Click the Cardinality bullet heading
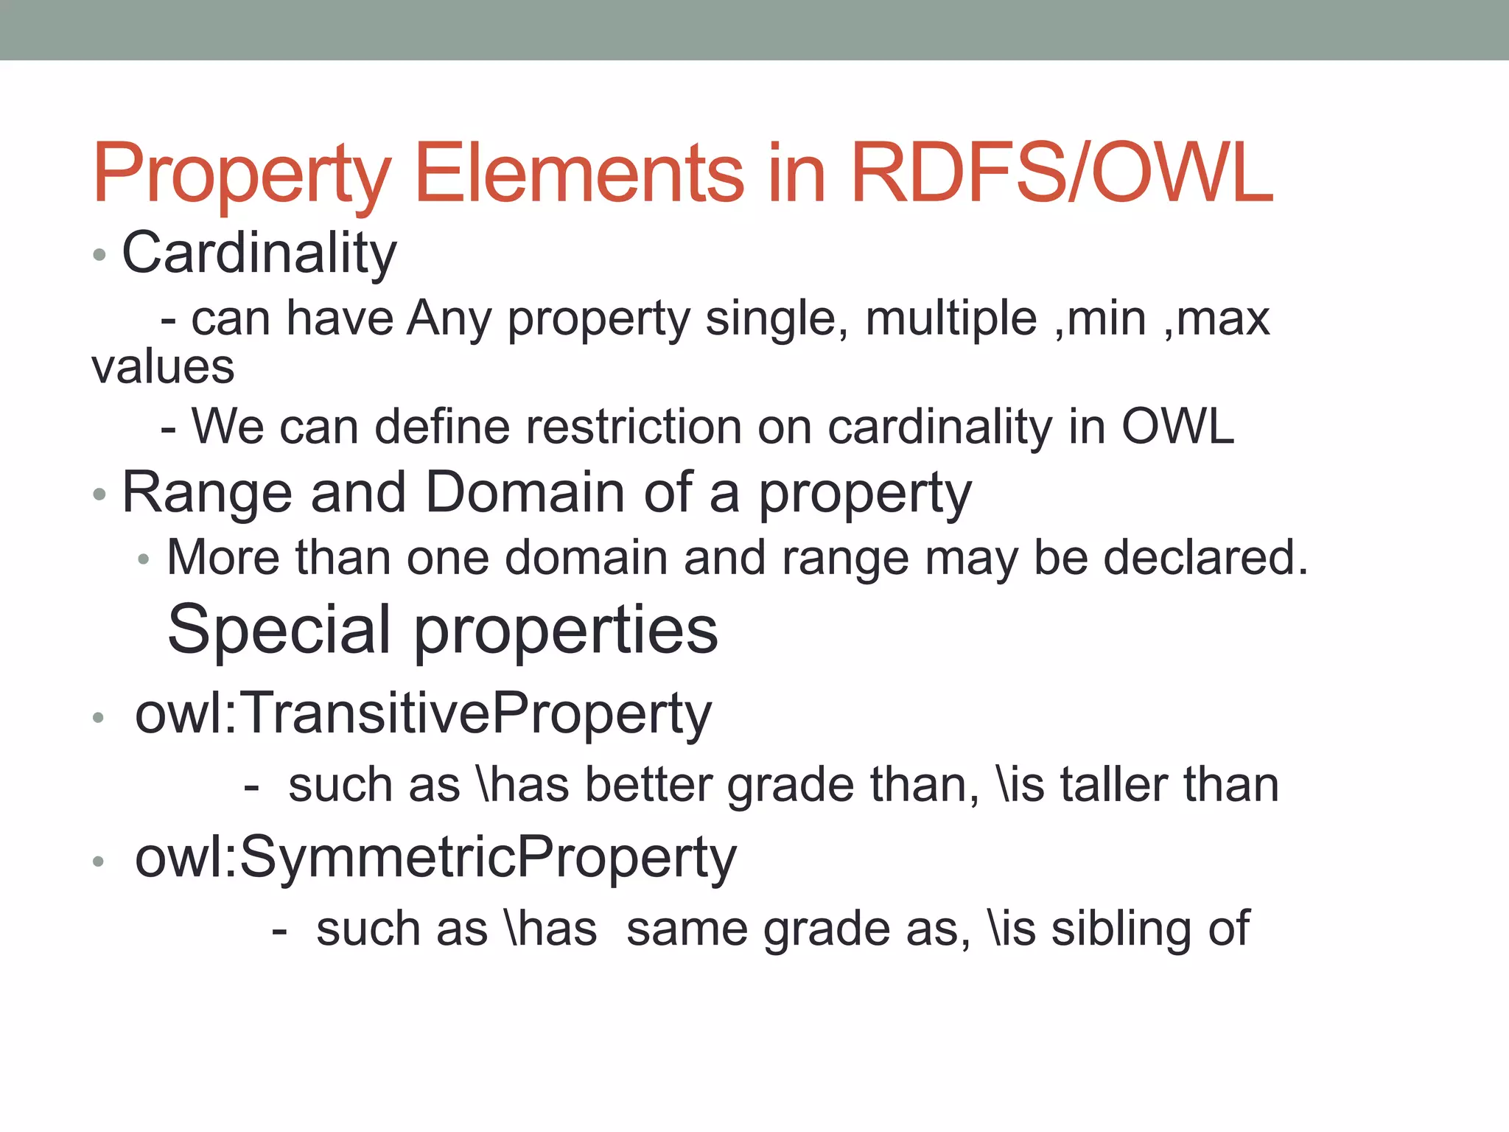pos(259,254)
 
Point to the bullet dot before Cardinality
pos(99,256)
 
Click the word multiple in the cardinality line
pos(950,318)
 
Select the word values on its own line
pos(163,367)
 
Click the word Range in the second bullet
pos(207,492)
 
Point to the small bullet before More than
pos(144,560)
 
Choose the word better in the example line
pos(648,784)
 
